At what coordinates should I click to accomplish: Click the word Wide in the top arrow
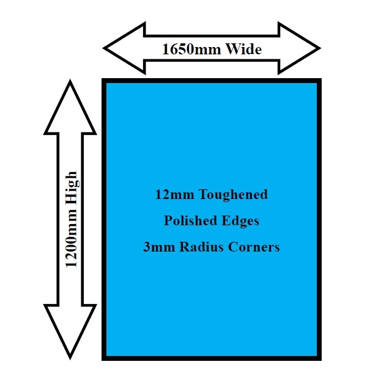[243, 49]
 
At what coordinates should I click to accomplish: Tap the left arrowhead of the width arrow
[122, 48]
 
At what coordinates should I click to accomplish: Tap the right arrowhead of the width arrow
[300, 48]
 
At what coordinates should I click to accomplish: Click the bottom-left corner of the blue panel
[105, 358]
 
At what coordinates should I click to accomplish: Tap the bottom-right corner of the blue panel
[319, 358]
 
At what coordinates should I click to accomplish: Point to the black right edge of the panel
[319, 220]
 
